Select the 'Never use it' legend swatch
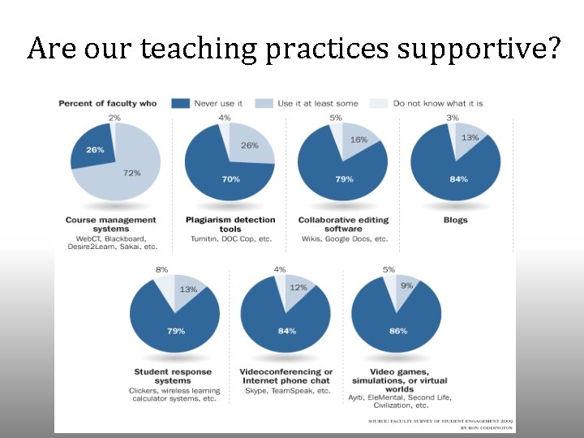pos(181,104)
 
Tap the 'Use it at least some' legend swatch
pos(264,104)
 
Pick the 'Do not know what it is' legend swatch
pos(379,104)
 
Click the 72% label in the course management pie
pos(131,173)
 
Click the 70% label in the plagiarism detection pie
pos(230,178)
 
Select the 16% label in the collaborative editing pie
pos(359,140)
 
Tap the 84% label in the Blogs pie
pos(458,178)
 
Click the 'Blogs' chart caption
pos(455,220)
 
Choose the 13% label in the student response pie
pos(187,290)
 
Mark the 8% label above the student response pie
pos(162,269)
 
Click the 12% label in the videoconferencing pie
pos(299,288)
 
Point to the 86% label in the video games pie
pos(398,331)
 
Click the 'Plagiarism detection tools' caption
pos(230,224)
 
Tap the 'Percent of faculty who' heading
pos(108,104)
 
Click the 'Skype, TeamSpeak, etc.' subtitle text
pos(288,391)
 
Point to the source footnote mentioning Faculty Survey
pos(441,422)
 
